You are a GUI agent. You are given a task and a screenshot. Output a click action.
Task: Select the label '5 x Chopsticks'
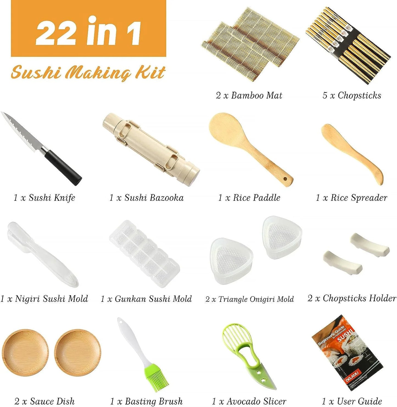point(352,96)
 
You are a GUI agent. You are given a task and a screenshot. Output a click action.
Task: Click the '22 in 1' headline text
point(88,31)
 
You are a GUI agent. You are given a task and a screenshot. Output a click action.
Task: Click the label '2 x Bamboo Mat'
point(249,96)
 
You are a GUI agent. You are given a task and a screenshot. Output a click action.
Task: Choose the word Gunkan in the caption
point(130,299)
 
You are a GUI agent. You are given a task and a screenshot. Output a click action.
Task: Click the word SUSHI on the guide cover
point(345,334)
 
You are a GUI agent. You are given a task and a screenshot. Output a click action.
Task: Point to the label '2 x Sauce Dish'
point(44,401)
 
